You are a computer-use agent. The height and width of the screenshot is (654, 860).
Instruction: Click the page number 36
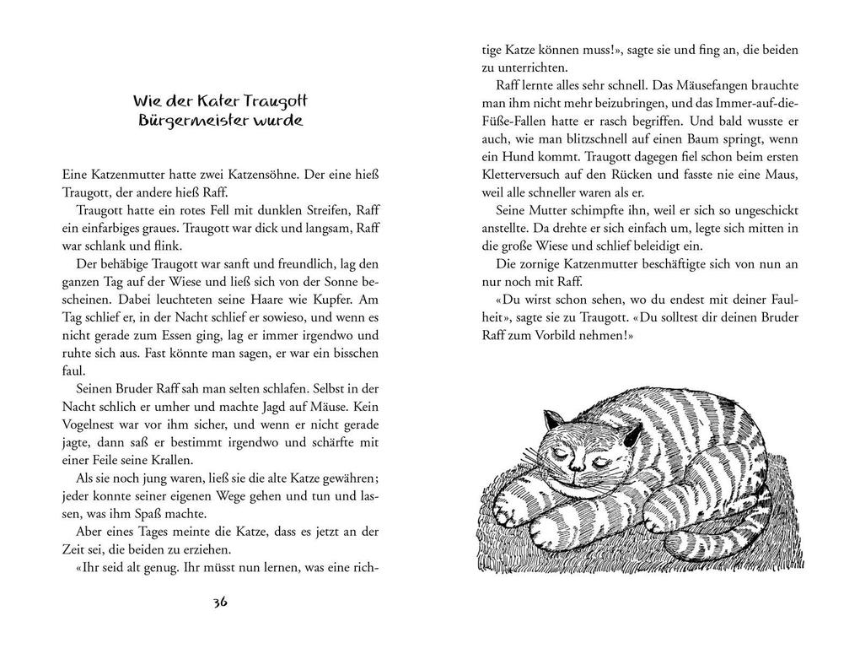coord(221,603)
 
